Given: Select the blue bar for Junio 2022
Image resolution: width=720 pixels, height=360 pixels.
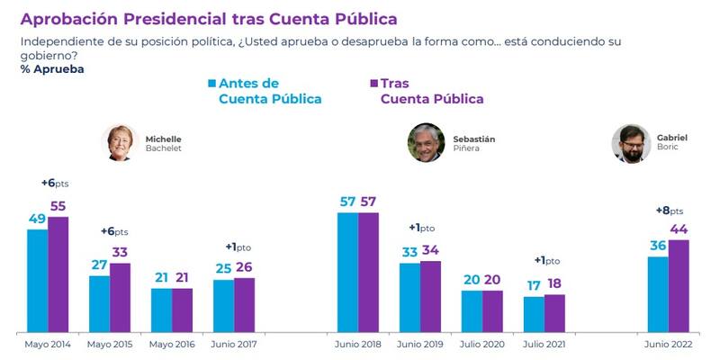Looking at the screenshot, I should (x=658, y=294).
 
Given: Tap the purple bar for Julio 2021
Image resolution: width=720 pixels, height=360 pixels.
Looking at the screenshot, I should (x=554, y=313).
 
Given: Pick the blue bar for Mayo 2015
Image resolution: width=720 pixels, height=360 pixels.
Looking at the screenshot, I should (x=99, y=303).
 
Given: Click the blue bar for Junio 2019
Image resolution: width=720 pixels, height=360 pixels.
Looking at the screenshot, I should (x=409, y=297).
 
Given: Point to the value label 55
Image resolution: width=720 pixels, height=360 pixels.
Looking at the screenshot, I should (x=58, y=206).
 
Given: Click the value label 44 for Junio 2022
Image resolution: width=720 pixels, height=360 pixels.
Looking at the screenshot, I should (x=679, y=229).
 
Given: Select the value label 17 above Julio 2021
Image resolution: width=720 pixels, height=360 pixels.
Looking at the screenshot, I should (x=534, y=285).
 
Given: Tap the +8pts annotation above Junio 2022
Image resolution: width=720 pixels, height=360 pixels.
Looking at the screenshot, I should (x=669, y=210).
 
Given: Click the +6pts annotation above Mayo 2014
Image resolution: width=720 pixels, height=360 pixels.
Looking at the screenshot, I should (x=55, y=183).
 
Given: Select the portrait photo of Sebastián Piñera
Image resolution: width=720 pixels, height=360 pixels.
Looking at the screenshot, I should (x=425, y=142).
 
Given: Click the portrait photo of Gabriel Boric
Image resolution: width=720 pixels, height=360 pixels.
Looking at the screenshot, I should (x=631, y=144).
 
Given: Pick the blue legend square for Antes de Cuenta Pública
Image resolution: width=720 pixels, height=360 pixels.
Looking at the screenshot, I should (x=211, y=84).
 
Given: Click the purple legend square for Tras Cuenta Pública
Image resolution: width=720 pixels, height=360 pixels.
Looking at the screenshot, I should (x=373, y=84).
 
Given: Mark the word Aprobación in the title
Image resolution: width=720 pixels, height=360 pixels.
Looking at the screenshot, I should (x=71, y=19).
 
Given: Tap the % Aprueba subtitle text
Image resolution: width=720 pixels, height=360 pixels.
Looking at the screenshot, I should (x=52, y=69).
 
